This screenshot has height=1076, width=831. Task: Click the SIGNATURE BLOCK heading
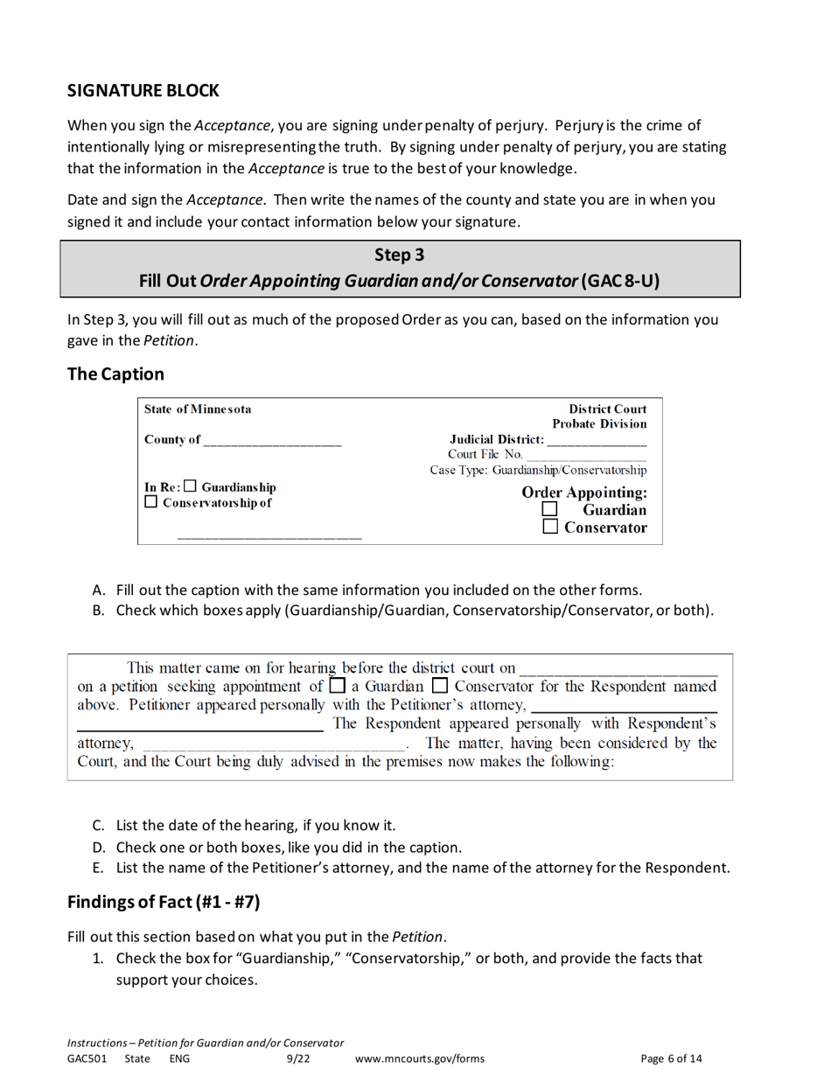point(143,90)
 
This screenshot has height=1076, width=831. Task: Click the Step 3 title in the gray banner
point(400,255)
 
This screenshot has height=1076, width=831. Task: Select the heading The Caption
point(115,374)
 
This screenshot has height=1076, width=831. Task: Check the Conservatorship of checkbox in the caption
point(151,503)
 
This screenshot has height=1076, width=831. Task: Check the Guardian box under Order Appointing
point(549,509)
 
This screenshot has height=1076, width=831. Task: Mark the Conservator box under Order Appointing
point(549,528)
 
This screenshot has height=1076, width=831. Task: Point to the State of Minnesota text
point(197,409)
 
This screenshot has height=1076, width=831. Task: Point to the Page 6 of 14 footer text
point(671,1059)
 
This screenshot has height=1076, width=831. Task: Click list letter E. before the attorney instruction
point(99,869)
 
